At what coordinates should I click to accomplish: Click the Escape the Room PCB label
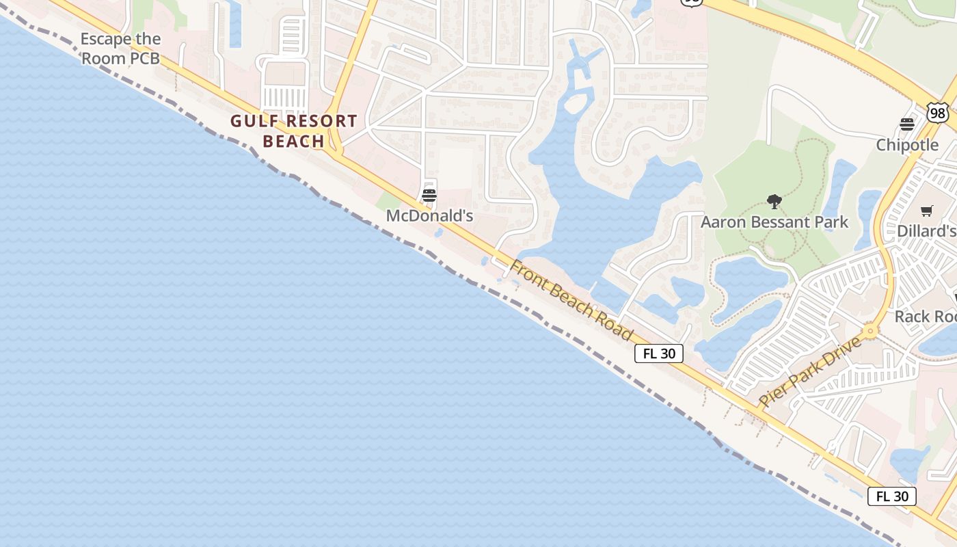[120, 49]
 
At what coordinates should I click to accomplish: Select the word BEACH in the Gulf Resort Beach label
[293, 142]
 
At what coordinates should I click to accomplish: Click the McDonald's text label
[429, 216]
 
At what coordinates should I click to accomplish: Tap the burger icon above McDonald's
[429, 195]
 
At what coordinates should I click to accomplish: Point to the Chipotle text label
[907, 145]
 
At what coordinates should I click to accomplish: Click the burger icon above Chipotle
[907, 124]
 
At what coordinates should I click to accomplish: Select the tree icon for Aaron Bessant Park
[774, 202]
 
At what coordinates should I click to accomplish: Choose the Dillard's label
[926, 231]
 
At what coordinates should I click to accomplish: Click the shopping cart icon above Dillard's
[926, 211]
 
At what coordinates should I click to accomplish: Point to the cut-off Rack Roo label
[926, 317]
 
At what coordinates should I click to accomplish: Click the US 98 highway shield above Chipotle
[938, 112]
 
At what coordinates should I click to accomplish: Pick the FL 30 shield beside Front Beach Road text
[659, 353]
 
